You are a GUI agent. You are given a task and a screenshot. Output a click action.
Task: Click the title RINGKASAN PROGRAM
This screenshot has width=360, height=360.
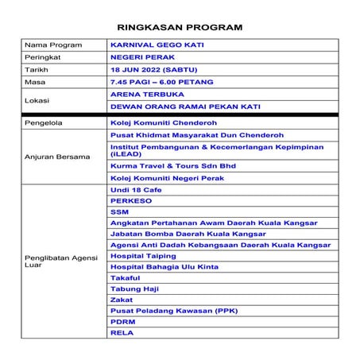coord(180,27)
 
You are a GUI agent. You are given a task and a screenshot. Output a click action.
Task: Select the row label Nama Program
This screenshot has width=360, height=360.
coord(53,45)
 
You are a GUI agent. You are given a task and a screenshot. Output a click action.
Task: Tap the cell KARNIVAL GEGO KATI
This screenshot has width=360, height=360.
coord(157,45)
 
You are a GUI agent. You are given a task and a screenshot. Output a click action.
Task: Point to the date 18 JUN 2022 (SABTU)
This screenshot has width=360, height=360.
coord(153,70)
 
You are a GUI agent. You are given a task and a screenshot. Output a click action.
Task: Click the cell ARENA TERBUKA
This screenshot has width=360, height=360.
coord(145,94)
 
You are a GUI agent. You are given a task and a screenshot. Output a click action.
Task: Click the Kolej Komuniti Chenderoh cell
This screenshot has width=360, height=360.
coord(162,124)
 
